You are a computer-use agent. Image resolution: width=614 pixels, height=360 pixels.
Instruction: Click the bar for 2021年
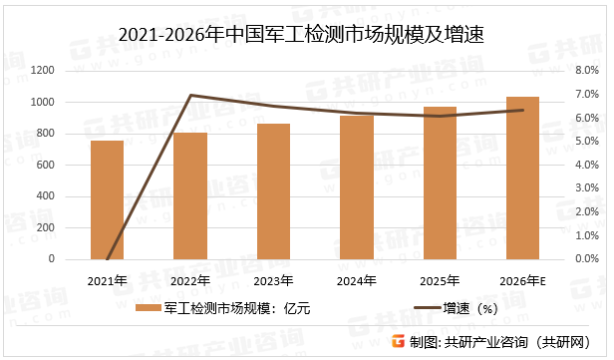point(107,199)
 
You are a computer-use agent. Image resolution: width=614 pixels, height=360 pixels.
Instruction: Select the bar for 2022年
point(190,195)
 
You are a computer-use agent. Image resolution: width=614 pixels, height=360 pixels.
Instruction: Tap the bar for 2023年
point(273,191)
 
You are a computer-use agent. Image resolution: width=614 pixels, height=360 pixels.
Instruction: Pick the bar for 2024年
point(357,187)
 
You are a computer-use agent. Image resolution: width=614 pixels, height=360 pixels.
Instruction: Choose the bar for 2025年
point(440,182)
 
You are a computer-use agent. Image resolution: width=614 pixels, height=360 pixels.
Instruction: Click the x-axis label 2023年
point(273,279)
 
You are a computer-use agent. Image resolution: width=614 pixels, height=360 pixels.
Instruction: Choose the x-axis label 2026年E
point(523,279)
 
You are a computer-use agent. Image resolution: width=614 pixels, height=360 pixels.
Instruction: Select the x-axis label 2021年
point(107,279)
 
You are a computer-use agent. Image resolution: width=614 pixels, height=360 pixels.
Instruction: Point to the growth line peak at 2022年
point(190,95)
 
